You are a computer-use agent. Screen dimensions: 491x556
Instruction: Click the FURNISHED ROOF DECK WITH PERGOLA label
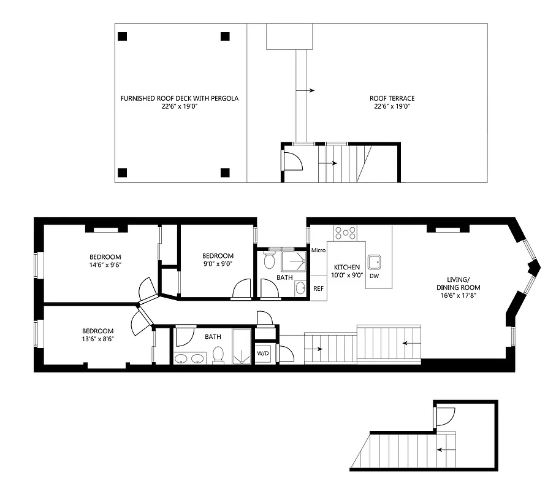point(179,98)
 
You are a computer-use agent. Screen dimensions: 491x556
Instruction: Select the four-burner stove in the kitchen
point(346,233)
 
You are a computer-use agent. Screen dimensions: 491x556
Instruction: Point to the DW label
point(374,276)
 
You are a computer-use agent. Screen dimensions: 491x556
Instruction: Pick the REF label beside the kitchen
point(318,288)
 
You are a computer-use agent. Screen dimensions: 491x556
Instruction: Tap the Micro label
point(318,250)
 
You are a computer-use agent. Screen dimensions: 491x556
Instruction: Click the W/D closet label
point(263,354)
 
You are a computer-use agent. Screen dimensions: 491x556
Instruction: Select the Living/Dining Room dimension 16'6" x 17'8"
point(458,295)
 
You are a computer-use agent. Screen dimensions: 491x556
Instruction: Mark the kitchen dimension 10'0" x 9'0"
point(346,276)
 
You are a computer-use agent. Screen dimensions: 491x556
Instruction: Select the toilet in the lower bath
point(218,355)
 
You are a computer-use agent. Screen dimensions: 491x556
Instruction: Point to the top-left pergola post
point(123,36)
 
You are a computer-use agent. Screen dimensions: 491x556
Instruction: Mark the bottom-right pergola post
point(225,172)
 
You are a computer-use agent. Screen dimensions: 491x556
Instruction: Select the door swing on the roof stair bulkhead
point(293,160)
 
